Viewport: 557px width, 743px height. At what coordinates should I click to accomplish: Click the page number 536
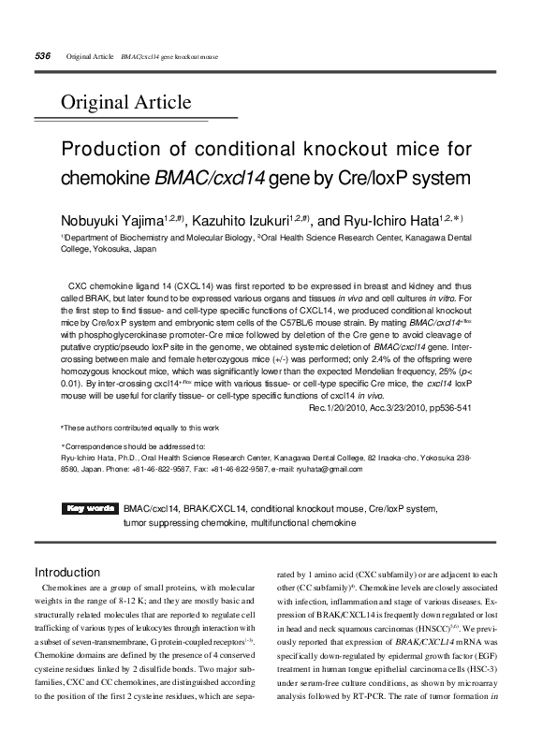pyautogui.click(x=41, y=56)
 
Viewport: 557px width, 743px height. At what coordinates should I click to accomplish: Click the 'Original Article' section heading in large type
pyautogui.click(x=126, y=102)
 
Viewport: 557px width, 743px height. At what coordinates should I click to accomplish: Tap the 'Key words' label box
pyautogui.click(x=90, y=509)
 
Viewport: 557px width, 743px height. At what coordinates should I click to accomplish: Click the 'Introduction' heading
pyautogui.click(x=67, y=571)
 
